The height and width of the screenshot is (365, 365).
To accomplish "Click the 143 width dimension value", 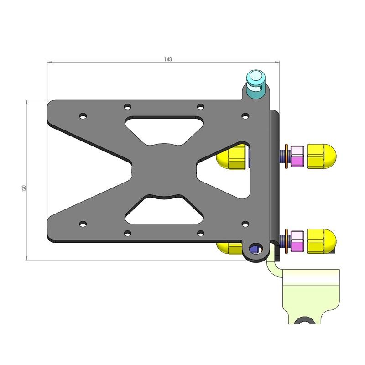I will tap(167, 59).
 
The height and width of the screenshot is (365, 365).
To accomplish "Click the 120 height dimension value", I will tap(24, 188).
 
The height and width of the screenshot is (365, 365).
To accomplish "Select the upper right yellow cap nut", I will tap(321, 155).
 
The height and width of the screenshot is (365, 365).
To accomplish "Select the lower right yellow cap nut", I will tap(321, 241).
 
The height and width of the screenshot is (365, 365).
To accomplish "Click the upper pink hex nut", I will tap(297, 156).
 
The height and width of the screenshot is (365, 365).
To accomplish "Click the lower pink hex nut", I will tap(297, 241).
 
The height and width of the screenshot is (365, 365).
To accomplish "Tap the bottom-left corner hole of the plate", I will tap(83, 224).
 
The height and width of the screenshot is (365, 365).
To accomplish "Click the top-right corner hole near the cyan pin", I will tap(245, 116).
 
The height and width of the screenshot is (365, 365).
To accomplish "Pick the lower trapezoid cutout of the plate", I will tap(163, 211).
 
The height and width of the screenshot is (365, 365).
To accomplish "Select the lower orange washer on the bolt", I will tap(286, 241).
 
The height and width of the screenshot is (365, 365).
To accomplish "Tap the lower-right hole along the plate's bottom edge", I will tap(200, 233).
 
